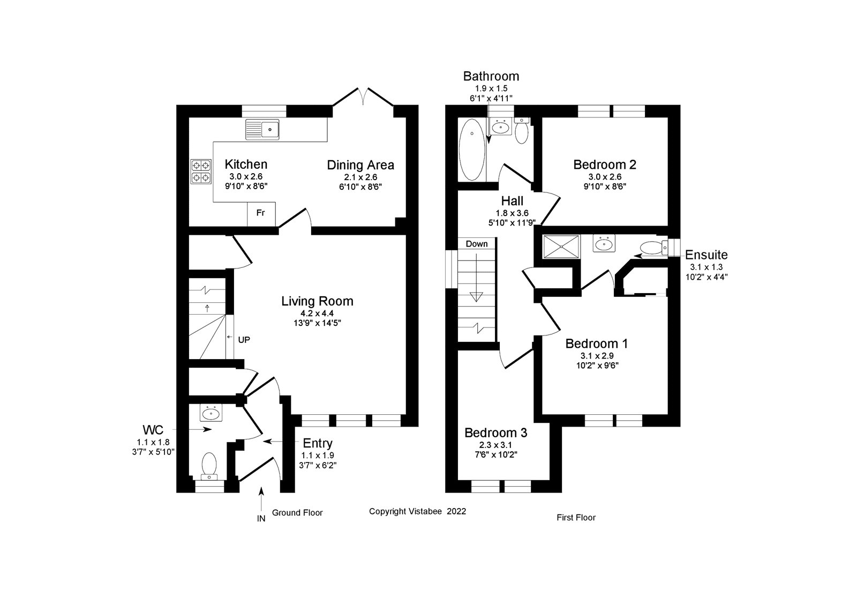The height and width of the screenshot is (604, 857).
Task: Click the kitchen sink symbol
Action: (x=262, y=129)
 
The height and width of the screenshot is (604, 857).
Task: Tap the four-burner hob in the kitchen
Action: (x=201, y=171)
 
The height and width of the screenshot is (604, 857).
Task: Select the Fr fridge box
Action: (x=261, y=213)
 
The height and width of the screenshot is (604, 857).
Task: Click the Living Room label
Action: (x=317, y=301)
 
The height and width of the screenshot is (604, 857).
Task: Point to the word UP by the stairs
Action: (x=244, y=339)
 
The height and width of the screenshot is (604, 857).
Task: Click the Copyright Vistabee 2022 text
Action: (x=417, y=511)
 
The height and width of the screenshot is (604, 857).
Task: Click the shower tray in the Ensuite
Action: (x=561, y=246)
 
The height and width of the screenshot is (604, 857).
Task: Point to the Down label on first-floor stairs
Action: (x=476, y=244)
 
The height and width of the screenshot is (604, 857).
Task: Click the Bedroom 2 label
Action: (x=605, y=165)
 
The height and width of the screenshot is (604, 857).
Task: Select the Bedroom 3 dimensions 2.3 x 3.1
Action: (x=495, y=444)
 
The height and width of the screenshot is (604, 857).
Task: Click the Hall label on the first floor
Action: (x=512, y=201)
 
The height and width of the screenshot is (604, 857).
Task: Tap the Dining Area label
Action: (x=360, y=165)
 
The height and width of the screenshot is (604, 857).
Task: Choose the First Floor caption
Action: (x=576, y=517)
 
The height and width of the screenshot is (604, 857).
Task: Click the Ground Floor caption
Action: (x=297, y=512)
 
